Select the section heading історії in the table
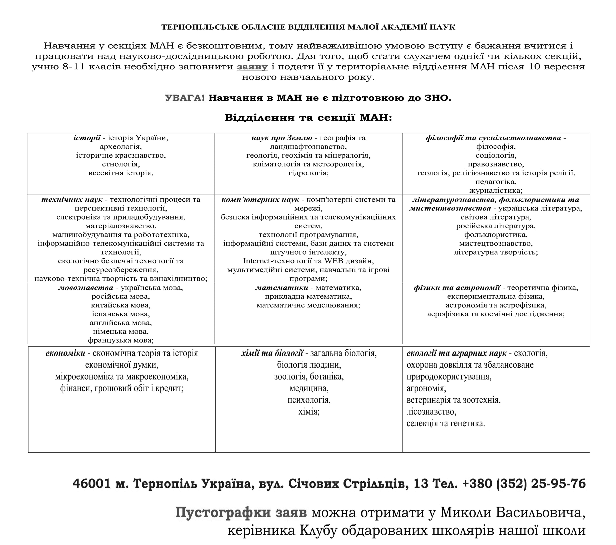pyautogui.click(x=87, y=138)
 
